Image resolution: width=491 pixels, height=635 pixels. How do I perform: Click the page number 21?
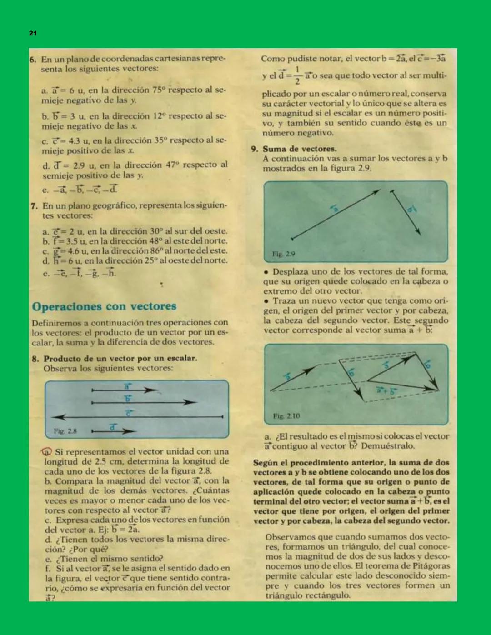(33, 33)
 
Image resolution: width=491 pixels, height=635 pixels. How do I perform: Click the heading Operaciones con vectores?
(104, 306)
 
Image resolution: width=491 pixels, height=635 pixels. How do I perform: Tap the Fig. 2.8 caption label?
(65, 430)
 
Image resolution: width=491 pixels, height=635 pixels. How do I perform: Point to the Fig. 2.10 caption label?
(286, 416)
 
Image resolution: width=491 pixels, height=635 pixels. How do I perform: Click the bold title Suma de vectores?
(299, 149)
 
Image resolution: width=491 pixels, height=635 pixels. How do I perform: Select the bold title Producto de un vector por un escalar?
(120, 358)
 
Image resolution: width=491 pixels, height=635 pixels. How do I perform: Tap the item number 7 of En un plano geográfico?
(34, 206)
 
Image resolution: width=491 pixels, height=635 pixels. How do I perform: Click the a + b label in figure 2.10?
(386, 390)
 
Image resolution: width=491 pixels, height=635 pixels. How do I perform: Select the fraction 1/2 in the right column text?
(297, 75)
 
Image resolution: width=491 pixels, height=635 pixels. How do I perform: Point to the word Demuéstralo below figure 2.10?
(388, 446)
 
